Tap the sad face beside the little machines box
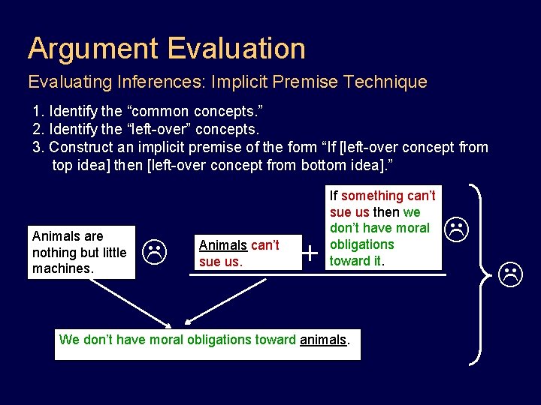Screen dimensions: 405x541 (154, 253)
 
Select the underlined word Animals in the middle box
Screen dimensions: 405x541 (222, 245)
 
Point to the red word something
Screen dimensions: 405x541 (373, 196)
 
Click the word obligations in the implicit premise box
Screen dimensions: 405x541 (361, 244)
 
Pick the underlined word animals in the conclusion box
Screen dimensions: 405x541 (323, 340)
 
